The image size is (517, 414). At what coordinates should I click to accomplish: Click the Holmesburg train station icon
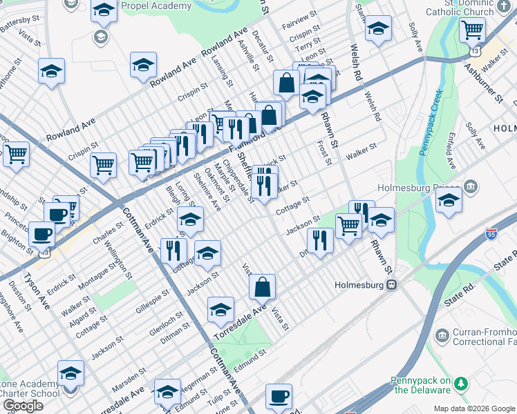[391, 284]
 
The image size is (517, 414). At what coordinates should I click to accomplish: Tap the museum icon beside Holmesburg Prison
[470, 186]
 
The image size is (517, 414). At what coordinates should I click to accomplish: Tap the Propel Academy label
[156, 6]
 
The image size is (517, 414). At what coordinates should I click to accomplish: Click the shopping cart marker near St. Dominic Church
[472, 31]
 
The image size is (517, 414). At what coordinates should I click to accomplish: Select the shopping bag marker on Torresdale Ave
[263, 288]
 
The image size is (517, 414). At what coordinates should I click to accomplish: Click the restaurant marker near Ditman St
[319, 241]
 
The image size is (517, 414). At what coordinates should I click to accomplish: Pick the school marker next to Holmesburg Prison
[449, 201]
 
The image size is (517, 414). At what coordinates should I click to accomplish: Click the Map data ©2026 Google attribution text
[474, 408]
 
